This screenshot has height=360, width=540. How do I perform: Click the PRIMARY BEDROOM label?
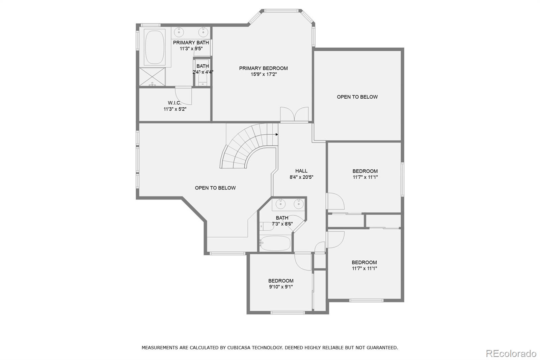pos(263,68)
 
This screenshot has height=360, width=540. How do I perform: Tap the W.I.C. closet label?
pos(174,103)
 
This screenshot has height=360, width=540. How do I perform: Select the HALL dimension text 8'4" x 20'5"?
pos(301,177)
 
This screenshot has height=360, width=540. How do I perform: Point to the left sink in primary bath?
pos(179,32)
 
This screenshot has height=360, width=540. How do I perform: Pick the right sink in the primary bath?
pos(203,32)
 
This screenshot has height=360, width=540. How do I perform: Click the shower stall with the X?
pos(152,77)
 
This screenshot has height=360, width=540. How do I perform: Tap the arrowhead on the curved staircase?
pos(277,134)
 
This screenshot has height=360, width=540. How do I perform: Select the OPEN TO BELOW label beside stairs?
pos(215,188)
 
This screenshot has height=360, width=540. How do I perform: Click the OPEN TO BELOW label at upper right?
pos(357,97)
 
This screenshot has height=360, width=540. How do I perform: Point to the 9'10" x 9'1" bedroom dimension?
pos(281,287)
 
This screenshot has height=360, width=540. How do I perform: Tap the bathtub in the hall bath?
pos(275,243)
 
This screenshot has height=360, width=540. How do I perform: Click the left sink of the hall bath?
pos(280,204)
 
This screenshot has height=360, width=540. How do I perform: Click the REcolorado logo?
pos(510,353)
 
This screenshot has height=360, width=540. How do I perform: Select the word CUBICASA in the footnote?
pos(240,347)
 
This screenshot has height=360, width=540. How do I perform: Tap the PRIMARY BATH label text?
pos(191,43)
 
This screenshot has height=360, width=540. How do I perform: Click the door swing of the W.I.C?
pos(184,95)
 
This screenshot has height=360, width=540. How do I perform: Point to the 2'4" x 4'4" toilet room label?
pos(202,72)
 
